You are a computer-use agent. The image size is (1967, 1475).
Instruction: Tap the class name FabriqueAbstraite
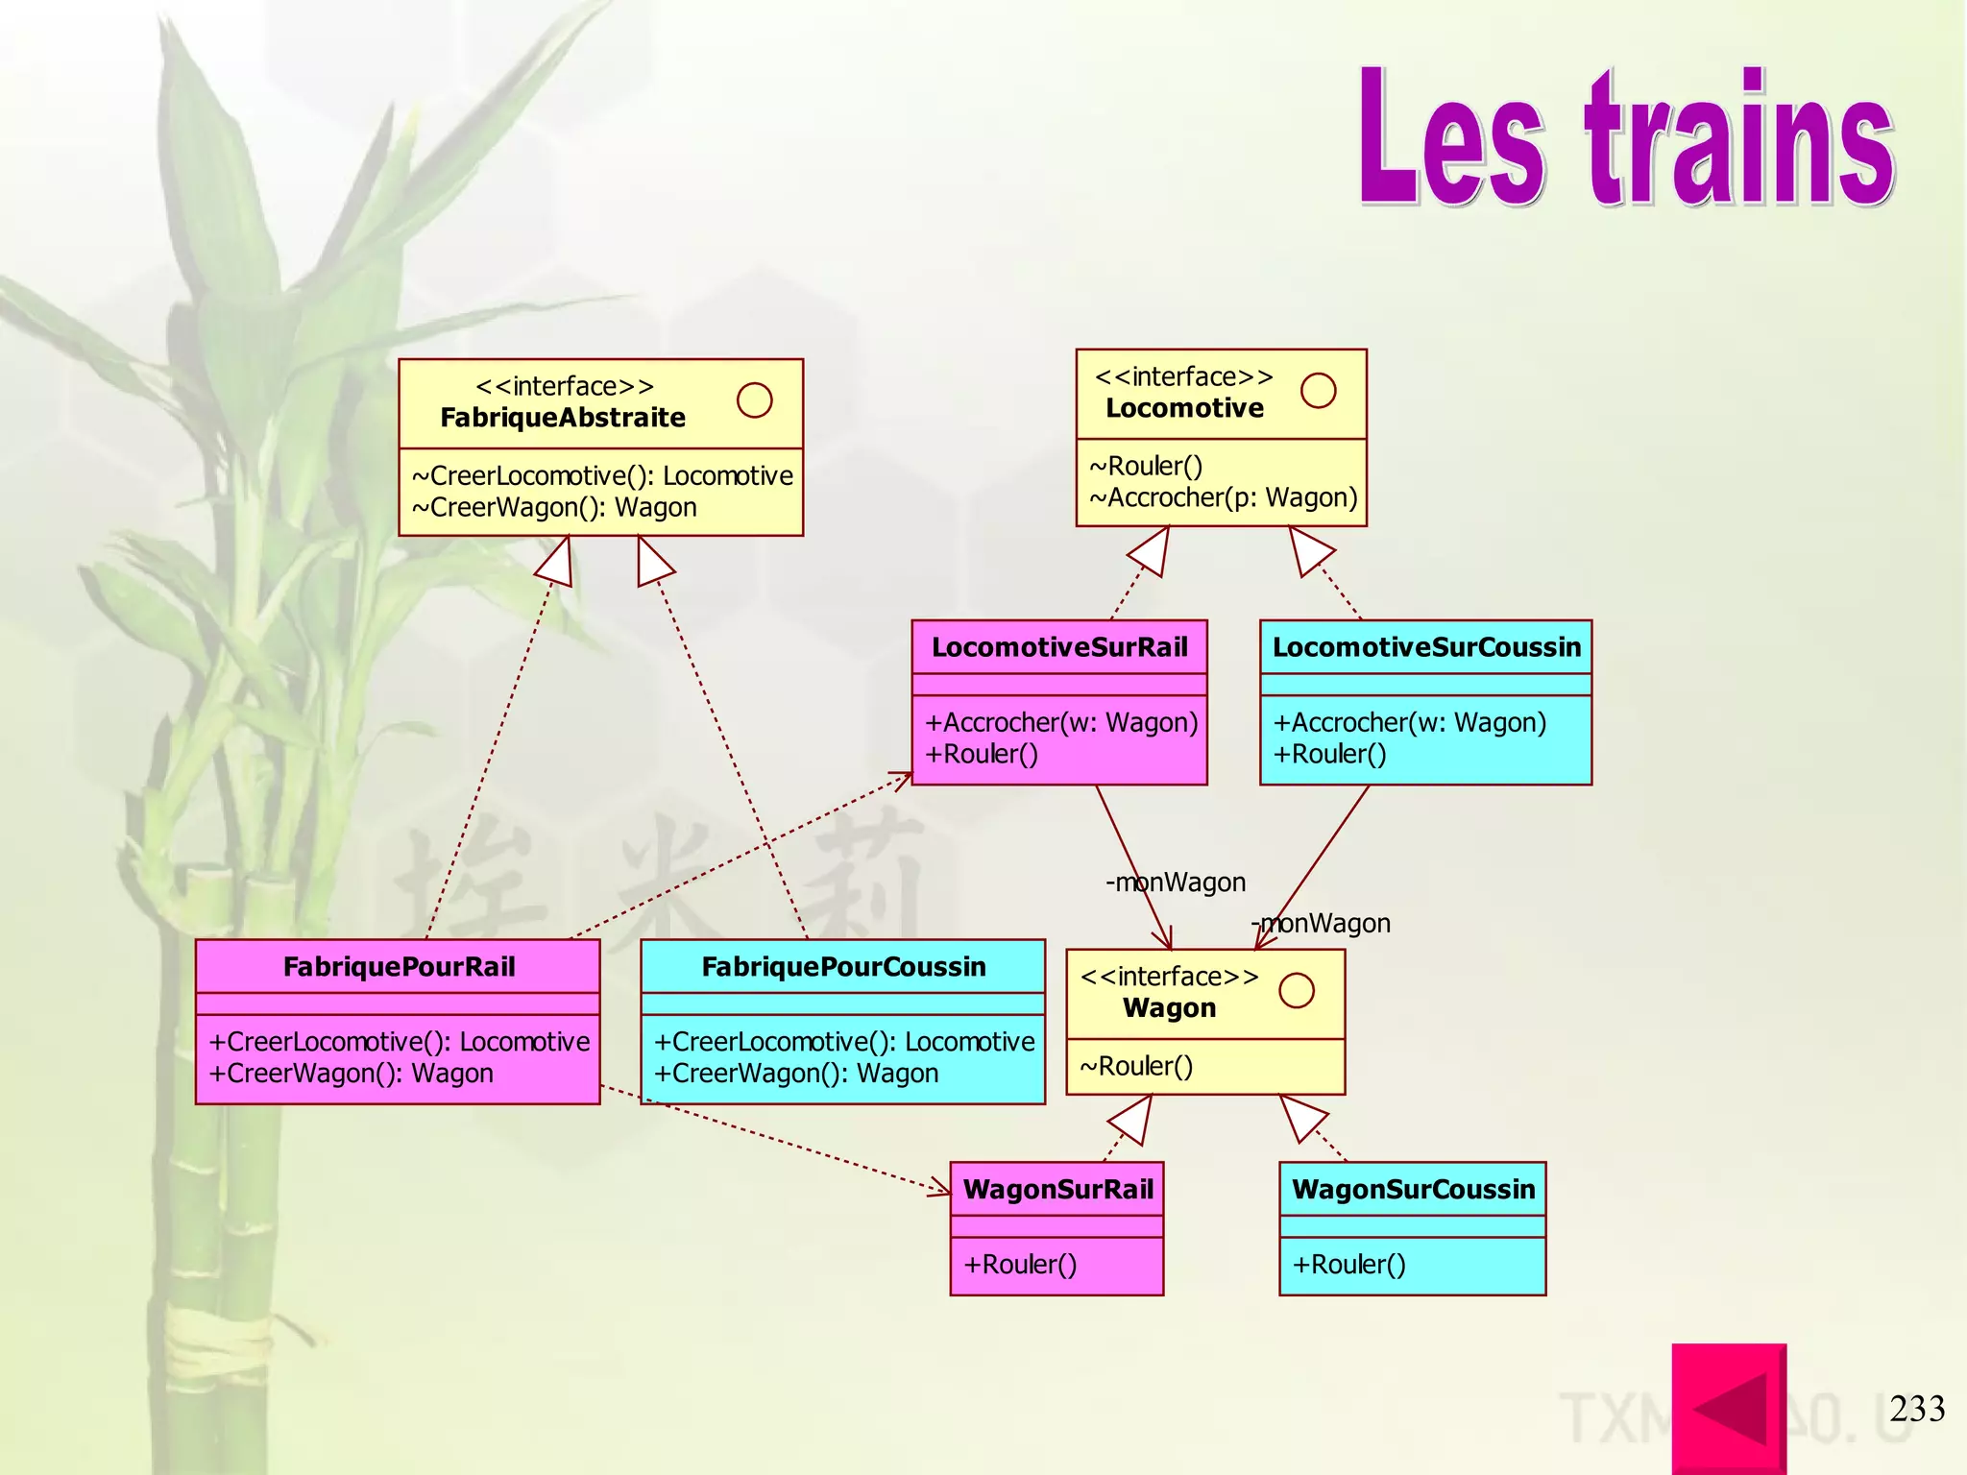tap(563, 418)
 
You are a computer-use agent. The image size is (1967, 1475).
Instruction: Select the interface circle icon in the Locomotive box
tap(1318, 391)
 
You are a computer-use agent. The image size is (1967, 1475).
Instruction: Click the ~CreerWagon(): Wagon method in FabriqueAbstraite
tap(554, 507)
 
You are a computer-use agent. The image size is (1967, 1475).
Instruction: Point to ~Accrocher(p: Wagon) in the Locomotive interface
tap(1223, 497)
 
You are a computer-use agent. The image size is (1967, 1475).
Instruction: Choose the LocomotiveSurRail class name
tap(1059, 647)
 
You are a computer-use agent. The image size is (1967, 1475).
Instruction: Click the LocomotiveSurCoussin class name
tap(1426, 647)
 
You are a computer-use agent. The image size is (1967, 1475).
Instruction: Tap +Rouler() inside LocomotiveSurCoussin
tap(1329, 754)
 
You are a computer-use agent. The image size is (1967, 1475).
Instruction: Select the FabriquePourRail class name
tap(399, 967)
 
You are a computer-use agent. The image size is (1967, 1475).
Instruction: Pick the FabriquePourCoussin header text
tap(843, 967)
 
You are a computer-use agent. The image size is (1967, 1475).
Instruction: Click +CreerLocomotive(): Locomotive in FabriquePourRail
tap(399, 1041)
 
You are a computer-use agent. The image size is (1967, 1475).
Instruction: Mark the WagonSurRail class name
tap(1057, 1190)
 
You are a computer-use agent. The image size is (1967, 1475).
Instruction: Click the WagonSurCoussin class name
tap(1413, 1190)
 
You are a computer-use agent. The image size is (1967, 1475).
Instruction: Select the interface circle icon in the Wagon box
tap(1297, 990)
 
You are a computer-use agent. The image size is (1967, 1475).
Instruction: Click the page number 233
tap(1917, 1409)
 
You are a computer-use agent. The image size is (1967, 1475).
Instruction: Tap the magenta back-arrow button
tap(1729, 1408)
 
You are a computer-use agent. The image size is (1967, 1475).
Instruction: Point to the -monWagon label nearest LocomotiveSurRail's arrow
tap(1176, 883)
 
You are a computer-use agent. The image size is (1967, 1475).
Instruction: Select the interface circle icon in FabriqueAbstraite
tap(754, 400)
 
